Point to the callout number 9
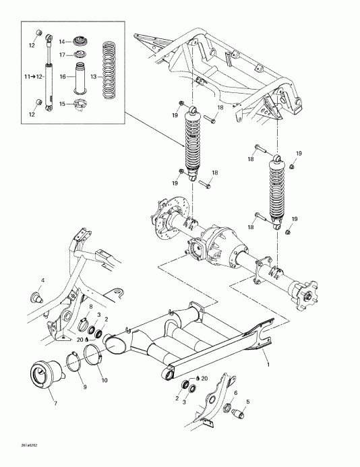[85, 387]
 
